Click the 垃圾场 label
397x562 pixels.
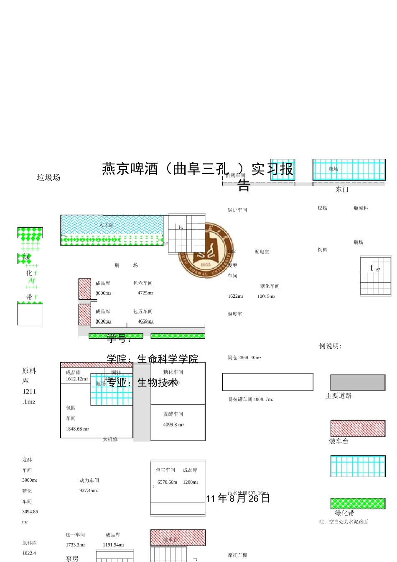click(48, 178)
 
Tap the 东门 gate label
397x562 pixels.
click(342, 189)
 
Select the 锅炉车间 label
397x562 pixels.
click(237, 210)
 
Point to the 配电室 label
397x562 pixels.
click(262, 252)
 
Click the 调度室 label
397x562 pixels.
click(235, 314)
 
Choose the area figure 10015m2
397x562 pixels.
click(266, 296)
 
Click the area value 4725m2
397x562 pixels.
click(145, 293)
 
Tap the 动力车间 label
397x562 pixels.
click(89, 480)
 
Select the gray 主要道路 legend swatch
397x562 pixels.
click(358, 383)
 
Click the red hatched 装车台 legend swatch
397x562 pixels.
click(358, 429)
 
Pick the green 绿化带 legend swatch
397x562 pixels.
click(358, 503)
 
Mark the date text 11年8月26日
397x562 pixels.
click(238, 498)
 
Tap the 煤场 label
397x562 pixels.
click(323, 208)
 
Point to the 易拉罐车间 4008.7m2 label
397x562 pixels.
click(251, 399)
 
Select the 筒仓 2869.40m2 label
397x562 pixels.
click(244, 358)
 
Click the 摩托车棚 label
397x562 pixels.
click(238, 555)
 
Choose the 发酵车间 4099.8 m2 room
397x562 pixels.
click(178, 422)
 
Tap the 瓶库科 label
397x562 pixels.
click(361, 208)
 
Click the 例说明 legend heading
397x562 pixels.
click(330, 346)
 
